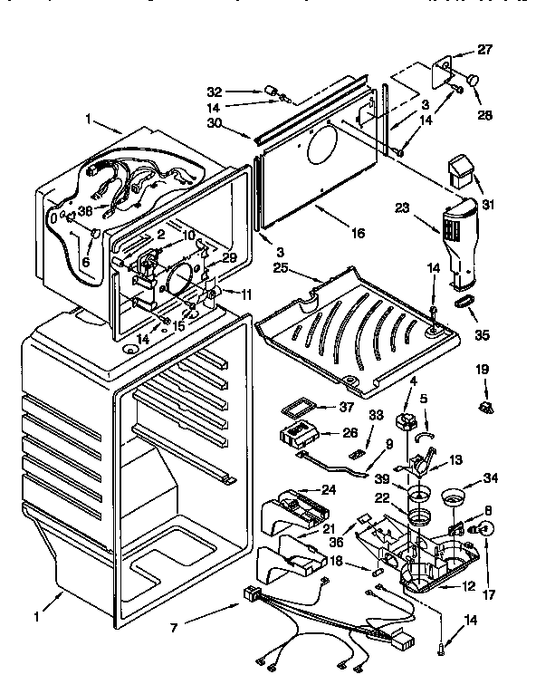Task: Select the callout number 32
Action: coord(214,92)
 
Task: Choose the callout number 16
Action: coord(359,233)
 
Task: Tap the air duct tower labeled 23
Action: coord(452,238)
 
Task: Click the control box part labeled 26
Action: coord(301,433)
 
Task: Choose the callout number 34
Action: coord(490,478)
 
